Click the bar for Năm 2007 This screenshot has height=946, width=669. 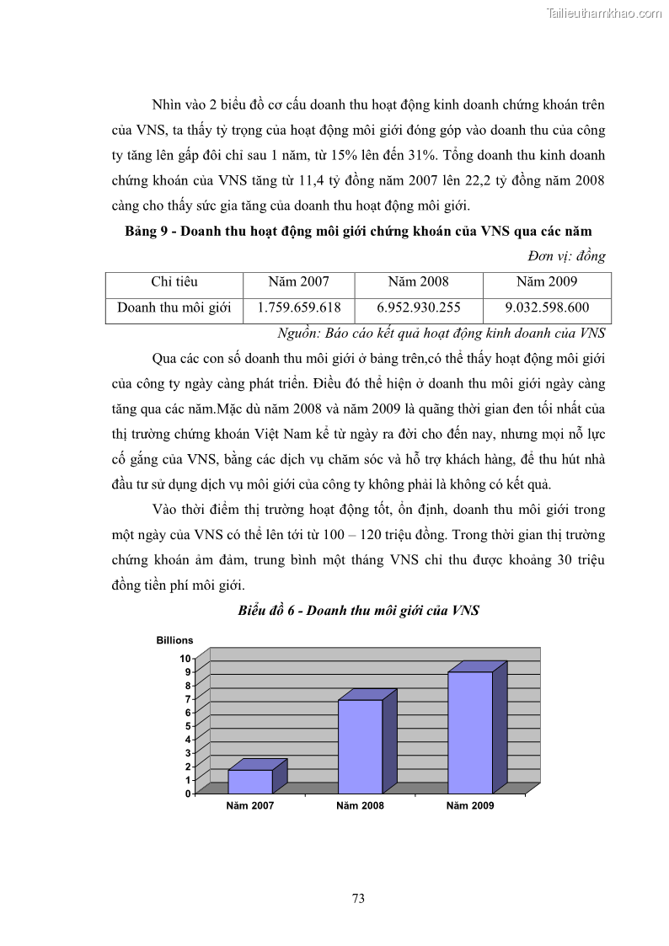(x=250, y=781)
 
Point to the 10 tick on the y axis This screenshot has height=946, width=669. (x=185, y=658)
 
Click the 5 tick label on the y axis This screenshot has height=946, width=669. (x=186, y=726)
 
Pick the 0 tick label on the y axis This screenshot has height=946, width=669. (x=186, y=794)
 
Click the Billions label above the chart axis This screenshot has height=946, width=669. (x=174, y=640)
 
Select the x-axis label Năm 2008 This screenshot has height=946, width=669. (x=360, y=806)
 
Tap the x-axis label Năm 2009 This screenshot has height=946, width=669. (x=470, y=806)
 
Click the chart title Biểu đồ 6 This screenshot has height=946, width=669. (x=359, y=611)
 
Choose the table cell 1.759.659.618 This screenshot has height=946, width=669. (x=299, y=308)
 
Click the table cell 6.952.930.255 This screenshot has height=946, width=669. (x=419, y=308)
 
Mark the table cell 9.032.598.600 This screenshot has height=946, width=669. (x=547, y=308)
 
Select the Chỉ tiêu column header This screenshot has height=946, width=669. (x=174, y=282)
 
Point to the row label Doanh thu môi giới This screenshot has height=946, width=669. (x=174, y=308)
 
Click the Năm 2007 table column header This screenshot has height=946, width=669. (x=299, y=282)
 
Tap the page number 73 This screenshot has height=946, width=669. (x=358, y=899)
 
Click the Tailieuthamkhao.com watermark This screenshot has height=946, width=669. (x=604, y=13)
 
